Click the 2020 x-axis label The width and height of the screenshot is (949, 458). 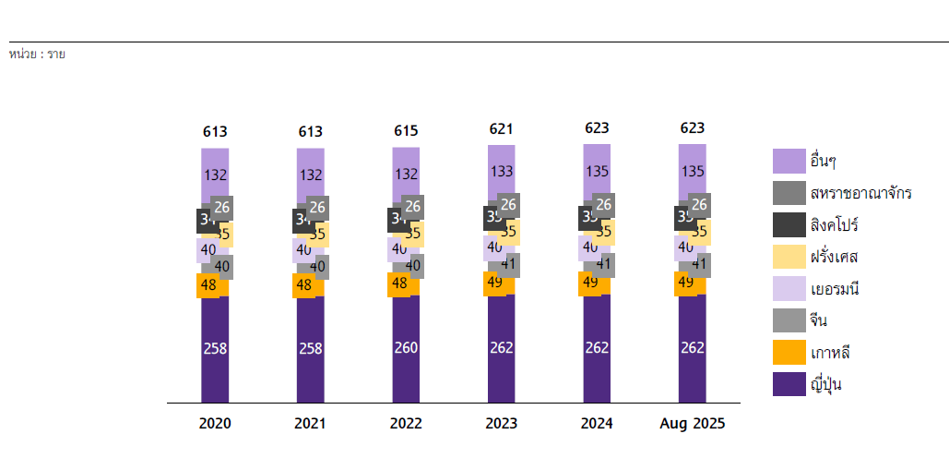point(215,424)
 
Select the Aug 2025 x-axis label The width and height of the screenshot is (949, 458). point(693,424)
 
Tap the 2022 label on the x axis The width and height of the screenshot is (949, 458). point(406,424)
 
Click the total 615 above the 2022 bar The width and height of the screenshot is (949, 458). point(406,131)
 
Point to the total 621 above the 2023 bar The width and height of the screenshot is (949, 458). point(502,129)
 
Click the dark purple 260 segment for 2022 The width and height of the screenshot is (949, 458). point(406,348)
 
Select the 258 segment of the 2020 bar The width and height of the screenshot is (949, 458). point(215,348)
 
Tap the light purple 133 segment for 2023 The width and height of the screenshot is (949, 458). point(502,171)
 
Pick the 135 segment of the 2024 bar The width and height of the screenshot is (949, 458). point(597,171)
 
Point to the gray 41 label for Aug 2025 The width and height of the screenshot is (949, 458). point(699,265)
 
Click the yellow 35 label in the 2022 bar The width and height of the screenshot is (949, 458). point(413,234)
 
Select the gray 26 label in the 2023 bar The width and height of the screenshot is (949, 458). point(508,205)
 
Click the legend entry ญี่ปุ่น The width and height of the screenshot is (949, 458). point(825,384)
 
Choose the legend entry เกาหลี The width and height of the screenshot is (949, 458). point(829,353)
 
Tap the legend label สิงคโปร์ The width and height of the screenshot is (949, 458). point(835,225)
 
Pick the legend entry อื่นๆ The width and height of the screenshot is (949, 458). point(823,162)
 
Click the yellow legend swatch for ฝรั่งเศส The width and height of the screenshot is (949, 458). point(789,257)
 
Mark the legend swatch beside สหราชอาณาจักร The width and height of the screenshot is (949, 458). point(789,193)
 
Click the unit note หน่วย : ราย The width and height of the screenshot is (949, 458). point(37,54)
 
